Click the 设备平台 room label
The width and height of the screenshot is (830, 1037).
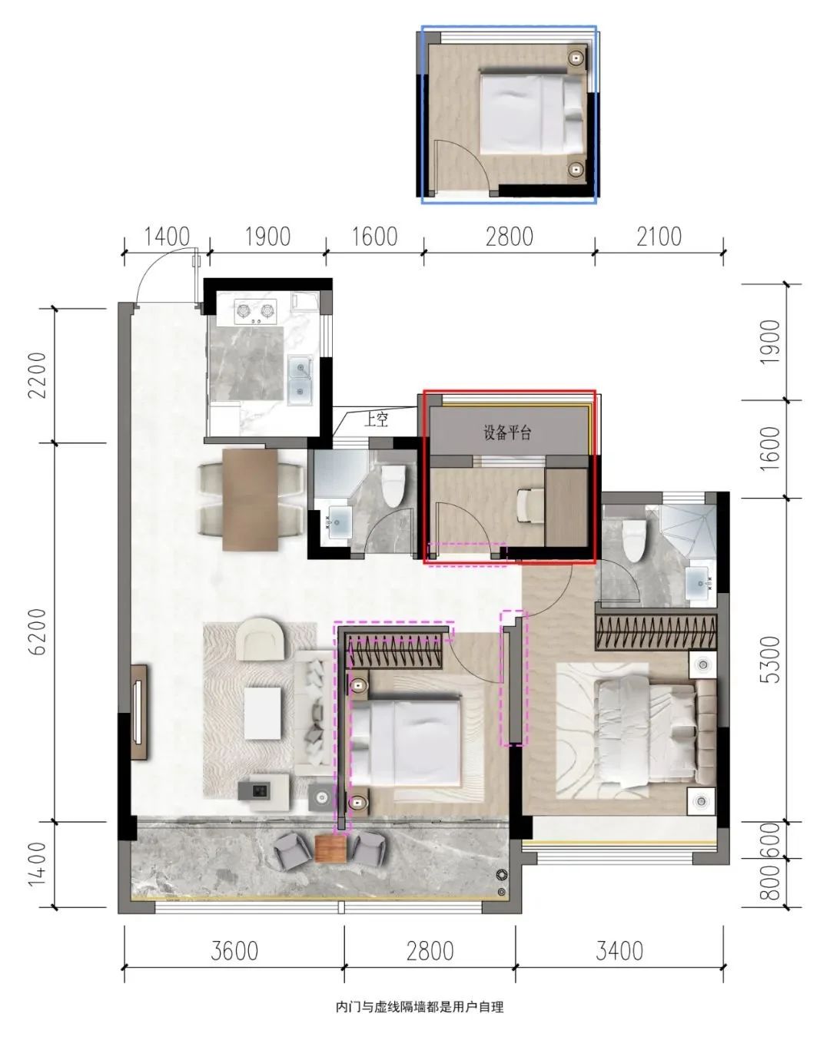point(507,432)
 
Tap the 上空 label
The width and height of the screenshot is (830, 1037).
point(376,419)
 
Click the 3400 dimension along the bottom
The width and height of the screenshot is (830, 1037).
point(619,951)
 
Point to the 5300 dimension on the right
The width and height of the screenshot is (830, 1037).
point(770,660)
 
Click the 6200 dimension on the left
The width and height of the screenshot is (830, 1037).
point(37,631)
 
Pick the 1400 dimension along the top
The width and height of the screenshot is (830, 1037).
point(167,237)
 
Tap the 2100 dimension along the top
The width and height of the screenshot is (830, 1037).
point(659,237)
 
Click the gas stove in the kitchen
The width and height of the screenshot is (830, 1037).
point(256,311)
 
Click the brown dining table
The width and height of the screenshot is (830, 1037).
point(250,499)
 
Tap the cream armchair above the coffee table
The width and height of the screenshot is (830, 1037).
point(262,638)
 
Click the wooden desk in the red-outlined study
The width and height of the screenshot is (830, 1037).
point(566,507)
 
